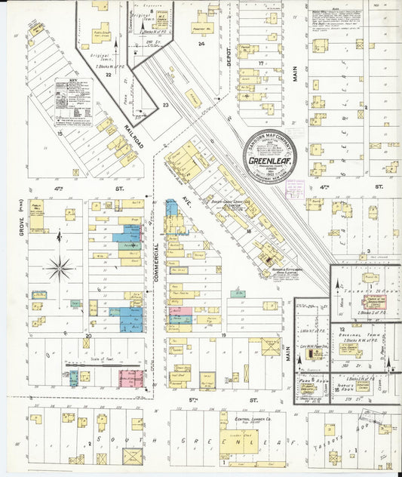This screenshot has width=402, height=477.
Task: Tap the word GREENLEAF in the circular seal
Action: point(269,160)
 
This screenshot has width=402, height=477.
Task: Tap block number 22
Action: point(109,75)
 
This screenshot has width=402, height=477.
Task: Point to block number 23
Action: point(165,106)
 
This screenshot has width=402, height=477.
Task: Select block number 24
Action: point(201,45)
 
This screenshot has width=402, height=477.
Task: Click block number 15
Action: point(58,133)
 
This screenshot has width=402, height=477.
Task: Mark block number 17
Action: point(259,63)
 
